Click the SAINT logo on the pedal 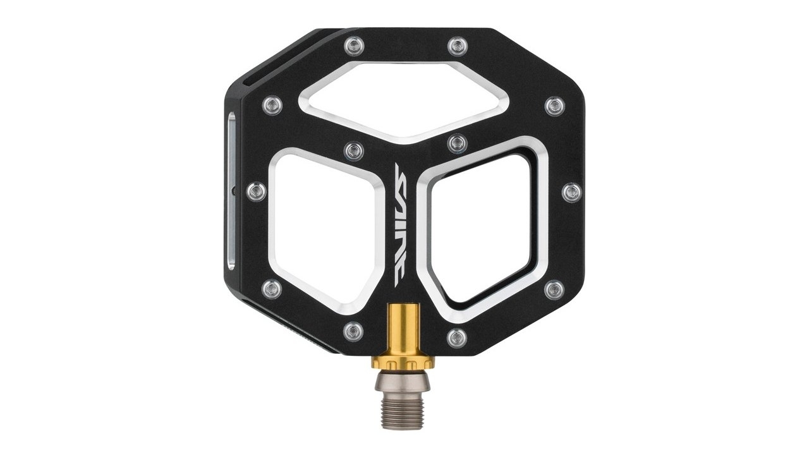point(401,224)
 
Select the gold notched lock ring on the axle point(403,362)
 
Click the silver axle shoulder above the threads point(403,382)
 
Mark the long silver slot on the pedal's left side point(231,191)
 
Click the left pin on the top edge point(354,46)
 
